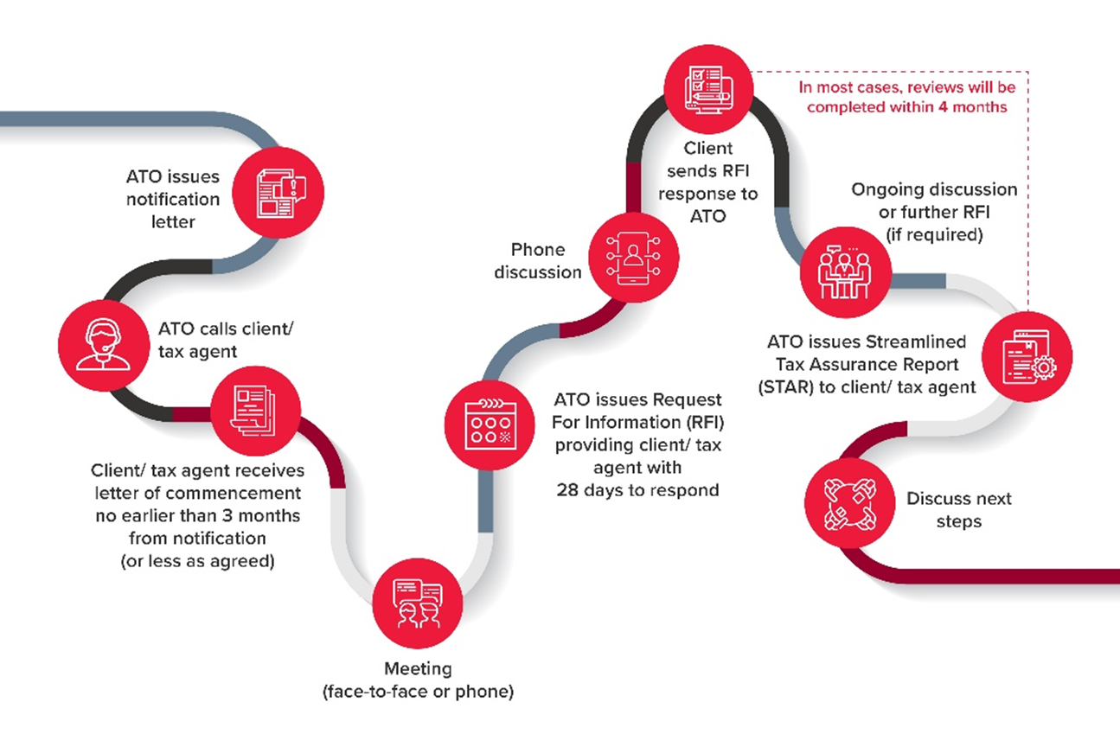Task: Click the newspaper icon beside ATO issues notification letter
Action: pyautogui.click(x=279, y=193)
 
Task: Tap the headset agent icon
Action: pyautogui.click(x=104, y=345)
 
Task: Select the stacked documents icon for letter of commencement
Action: pyautogui.click(x=255, y=411)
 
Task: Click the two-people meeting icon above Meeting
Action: pyautogui.click(x=418, y=603)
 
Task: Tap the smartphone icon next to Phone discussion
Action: pyautogui.click(x=633, y=258)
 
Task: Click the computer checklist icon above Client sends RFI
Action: pyautogui.click(x=708, y=89)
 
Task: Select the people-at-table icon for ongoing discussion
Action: pyautogui.click(x=845, y=272)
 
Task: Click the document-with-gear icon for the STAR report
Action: pyautogui.click(x=1027, y=357)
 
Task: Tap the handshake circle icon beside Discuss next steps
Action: pyautogui.click(x=849, y=504)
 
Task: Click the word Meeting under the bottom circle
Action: pyautogui.click(x=418, y=668)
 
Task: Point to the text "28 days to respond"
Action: pyautogui.click(x=637, y=490)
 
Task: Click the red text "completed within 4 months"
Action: pyautogui.click(x=906, y=107)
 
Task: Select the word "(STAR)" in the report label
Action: pyautogui.click(x=785, y=387)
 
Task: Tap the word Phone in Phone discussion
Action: pyautogui.click(x=538, y=249)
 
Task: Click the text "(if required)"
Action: pyautogui.click(x=934, y=234)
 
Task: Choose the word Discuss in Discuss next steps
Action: pyautogui.click(x=938, y=498)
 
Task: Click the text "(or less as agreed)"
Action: pyautogui.click(x=197, y=561)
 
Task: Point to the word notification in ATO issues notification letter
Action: pyautogui.click(x=172, y=199)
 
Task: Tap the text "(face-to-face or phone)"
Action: pyautogui.click(x=418, y=692)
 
